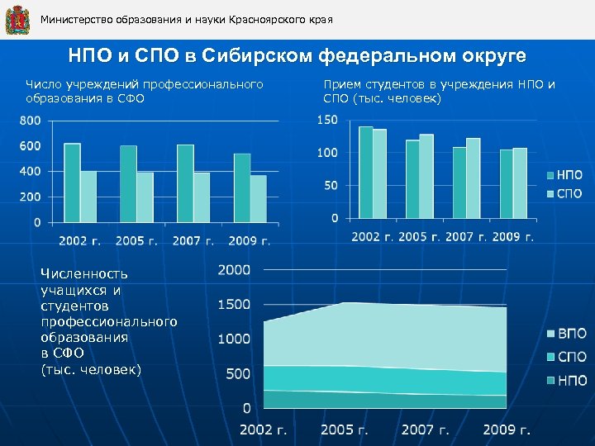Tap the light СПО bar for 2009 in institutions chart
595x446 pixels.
[259, 199]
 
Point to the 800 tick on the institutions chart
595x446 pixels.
[31, 121]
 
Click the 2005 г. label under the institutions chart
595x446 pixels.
[136, 241]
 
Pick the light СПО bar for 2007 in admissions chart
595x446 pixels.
[473, 178]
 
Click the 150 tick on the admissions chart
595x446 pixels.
[327, 121]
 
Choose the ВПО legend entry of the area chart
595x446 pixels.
[567, 334]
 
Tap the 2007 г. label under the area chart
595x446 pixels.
[426, 429]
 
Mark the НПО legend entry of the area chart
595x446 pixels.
[567, 380]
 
